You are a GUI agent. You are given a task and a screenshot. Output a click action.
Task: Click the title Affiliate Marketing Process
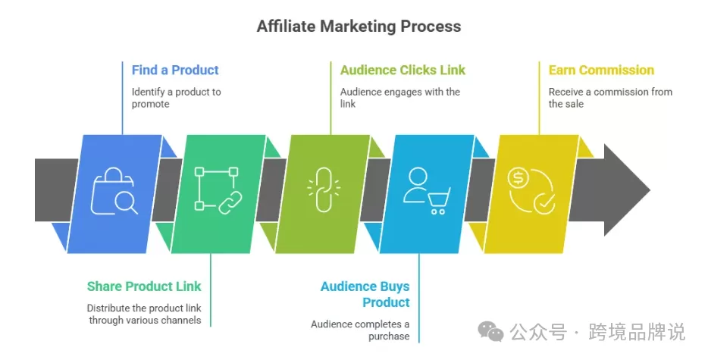pos(359,27)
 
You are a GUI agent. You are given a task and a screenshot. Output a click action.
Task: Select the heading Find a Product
pos(175,70)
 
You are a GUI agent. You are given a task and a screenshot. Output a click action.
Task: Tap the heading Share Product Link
pos(144,286)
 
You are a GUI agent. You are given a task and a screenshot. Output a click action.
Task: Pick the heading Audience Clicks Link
pos(403,70)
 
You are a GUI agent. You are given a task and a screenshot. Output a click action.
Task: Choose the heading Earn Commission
pos(601,70)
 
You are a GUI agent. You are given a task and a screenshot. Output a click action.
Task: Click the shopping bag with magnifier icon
pos(114,191)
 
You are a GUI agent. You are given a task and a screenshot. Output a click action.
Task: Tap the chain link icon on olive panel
pos(323,189)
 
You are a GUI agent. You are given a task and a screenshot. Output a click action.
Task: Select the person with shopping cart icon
pos(427,190)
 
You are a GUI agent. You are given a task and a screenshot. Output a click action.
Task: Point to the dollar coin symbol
pos(518,178)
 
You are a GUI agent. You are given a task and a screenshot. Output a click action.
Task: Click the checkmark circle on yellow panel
pos(544,203)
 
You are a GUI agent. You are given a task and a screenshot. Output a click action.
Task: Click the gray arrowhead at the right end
pos(627,189)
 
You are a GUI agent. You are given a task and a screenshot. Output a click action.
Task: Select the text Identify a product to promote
pos(176,98)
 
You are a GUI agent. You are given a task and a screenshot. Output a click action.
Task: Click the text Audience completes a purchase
pos(360,330)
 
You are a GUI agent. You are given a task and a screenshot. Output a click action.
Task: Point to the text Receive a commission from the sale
pos(610,98)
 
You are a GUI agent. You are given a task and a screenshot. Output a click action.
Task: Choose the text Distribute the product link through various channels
pos(144,314)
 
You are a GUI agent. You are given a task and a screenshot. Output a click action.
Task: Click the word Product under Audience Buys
pos(386,302)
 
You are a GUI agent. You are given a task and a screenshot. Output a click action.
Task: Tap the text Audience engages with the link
pos(400,98)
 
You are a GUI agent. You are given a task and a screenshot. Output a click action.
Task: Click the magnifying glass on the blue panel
pos(126,202)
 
